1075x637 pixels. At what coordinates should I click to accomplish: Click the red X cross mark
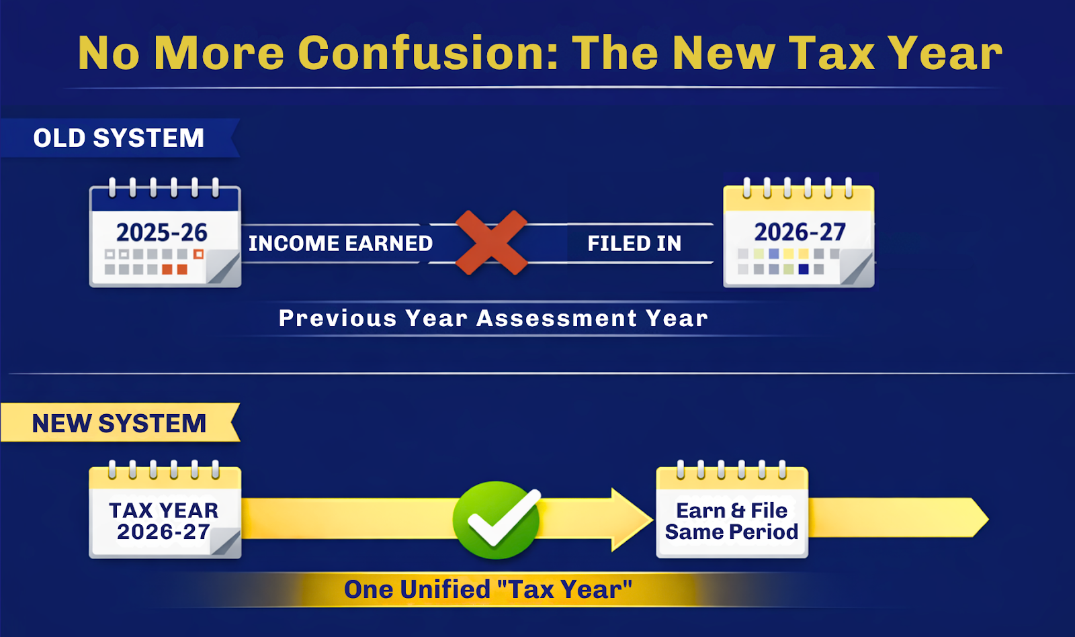(x=491, y=243)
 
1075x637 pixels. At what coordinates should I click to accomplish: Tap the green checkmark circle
(x=497, y=520)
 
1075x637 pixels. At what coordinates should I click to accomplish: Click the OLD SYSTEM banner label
(x=119, y=138)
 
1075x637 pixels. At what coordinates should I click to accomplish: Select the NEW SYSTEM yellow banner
(x=119, y=424)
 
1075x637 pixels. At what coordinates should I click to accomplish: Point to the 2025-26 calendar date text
(x=162, y=232)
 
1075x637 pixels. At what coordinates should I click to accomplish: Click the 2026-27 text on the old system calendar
(x=800, y=232)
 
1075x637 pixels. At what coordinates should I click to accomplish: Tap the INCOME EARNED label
(x=340, y=243)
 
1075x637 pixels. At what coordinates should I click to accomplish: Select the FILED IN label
(x=634, y=243)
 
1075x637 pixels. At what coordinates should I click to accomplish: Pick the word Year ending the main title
(x=945, y=53)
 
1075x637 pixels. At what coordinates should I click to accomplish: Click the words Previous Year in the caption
(x=373, y=318)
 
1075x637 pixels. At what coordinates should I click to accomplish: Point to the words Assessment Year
(x=592, y=318)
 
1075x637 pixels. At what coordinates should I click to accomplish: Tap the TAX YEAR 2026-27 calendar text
(x=163, y=522)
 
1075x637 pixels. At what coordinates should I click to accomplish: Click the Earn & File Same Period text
(x=732, y=522)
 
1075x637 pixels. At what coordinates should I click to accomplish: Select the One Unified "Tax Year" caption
(x=488, y=590)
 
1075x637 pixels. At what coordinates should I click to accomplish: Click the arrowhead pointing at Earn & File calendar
(x=632, y=520)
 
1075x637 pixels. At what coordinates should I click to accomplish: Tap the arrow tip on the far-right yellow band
(x=981, y=518)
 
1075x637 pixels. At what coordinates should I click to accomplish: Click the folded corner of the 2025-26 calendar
(x=224, y=268)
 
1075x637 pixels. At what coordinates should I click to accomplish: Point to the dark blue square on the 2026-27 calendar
(x=804, y=269)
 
